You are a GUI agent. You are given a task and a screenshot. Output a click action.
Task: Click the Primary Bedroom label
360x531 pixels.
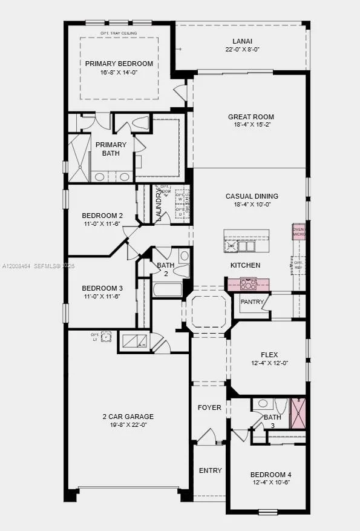[119, 64]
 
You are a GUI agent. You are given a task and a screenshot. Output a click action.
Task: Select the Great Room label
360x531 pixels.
[250, 117]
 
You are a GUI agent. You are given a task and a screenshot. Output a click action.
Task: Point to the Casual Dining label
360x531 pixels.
[252, 196]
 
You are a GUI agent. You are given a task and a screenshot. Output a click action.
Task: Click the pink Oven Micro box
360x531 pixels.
[299, 231]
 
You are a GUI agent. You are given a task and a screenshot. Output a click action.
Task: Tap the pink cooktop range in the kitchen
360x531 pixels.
[248, 283]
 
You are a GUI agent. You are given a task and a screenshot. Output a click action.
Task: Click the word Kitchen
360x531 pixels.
[245, 265]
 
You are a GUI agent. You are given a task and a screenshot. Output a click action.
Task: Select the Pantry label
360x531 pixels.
[251, 302]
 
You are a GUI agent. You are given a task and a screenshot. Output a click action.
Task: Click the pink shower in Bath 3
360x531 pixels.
[298, 414]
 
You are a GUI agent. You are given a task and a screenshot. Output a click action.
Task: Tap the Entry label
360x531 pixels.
[210, 470]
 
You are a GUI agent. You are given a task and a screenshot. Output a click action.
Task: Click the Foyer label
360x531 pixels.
[209, 407]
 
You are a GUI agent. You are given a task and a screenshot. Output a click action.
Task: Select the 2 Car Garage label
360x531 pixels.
[128, 417]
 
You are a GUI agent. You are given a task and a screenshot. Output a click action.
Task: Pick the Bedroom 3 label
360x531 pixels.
[102, 288]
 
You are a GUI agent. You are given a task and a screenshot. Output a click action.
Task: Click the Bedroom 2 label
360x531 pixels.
[102, 216]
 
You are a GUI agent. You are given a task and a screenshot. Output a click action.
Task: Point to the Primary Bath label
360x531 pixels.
[111, 149]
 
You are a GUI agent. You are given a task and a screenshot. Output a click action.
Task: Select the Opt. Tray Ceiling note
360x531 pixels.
[119, 33]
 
